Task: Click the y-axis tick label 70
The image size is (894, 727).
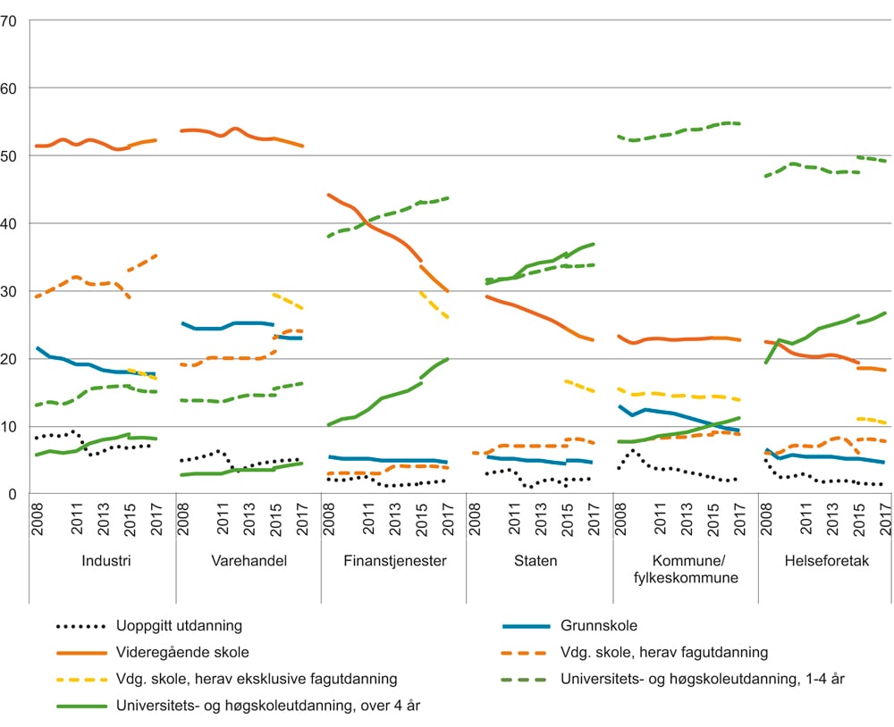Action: [x=11, y=20]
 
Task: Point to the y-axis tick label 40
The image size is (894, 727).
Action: [x=11, y=223]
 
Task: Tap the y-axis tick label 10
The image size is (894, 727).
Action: [x=11, y=427]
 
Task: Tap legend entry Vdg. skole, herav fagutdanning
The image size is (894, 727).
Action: [x=664, y=653]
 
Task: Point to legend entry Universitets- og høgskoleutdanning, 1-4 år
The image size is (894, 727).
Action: [x=702, y=680]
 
